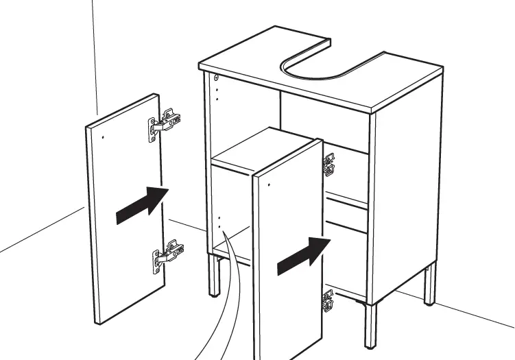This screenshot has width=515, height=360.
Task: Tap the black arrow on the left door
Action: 142,204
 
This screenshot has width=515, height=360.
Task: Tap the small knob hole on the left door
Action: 103,136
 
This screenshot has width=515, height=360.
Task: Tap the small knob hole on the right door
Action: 270,185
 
